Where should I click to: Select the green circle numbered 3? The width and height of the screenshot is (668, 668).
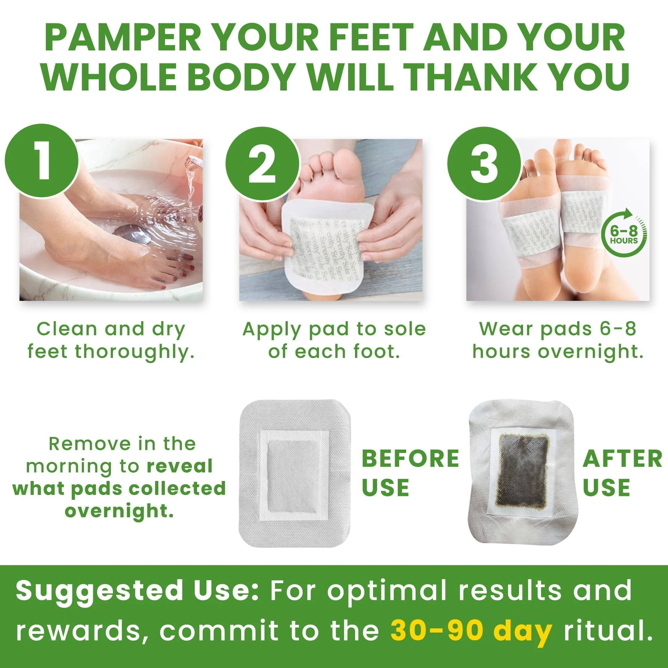[x=484, y=164]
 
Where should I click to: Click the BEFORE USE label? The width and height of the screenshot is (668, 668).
[x=410, y=473]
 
